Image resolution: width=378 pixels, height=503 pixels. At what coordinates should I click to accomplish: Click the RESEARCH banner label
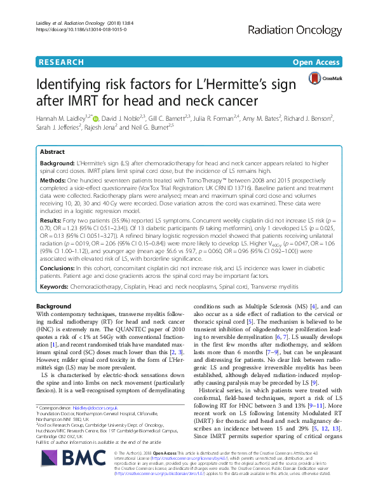(60, 62)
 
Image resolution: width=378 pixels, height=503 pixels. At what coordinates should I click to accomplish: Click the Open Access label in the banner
(318, 62)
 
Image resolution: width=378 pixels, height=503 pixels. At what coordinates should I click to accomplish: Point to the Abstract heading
(53, 153)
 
